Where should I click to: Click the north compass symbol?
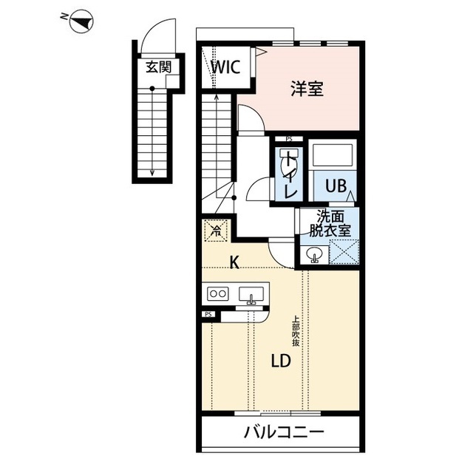point(81,21)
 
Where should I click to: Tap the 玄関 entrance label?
point(158,67)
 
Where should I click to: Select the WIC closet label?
point(225,67)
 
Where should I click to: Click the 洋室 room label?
point(307,89)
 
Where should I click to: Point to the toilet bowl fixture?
point(287,163)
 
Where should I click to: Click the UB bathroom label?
point(336,186)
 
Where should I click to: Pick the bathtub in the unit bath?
point(333,154)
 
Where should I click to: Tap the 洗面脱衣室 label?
point(330,223)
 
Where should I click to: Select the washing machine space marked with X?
point(344,252)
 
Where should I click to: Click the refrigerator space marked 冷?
point(216,231)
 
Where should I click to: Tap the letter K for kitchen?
point(234,262)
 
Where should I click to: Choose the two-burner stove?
point(218,293)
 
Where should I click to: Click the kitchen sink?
point(251,294)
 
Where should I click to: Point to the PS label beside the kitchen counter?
point(208,314)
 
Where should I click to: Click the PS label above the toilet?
point(289,140)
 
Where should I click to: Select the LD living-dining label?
point(281,361)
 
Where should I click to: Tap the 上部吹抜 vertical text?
point(296,330)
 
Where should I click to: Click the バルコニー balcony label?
point(284,432)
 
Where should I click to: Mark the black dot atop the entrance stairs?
point(152,89)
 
